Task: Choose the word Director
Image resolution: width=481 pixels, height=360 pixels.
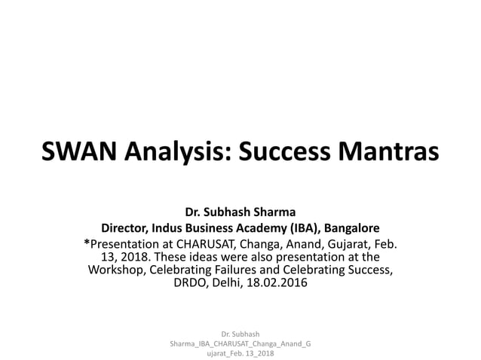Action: click(129, 227)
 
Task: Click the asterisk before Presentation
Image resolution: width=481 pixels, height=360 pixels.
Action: click(87, 243)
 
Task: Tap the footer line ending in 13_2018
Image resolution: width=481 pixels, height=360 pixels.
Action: click(240, 353)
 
